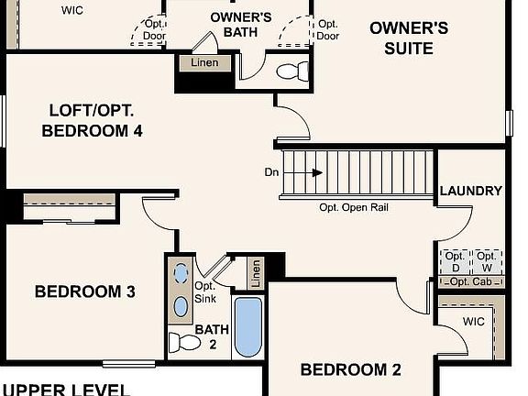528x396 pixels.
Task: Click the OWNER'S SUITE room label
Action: [x=409, y=37]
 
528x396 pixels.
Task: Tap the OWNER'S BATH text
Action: [x=240, y=25]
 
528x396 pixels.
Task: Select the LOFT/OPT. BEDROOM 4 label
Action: [x=92, y=121]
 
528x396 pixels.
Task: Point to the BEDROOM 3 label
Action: [x=85, y=291]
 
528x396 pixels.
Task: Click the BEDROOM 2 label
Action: [x=351, y=370]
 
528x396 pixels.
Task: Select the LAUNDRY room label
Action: [x=470, y=191]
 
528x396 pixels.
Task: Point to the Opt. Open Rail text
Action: [x=354, y=207]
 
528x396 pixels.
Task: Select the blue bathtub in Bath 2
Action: [x=247, y=327]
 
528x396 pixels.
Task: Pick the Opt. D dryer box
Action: [x=454, y=261]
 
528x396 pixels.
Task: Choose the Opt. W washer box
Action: [x=487, y=261]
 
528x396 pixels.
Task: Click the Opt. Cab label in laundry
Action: [x=470, y=281]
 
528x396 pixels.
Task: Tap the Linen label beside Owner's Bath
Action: [x=204, y=63]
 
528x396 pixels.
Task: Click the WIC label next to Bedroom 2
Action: [x=473, y=322]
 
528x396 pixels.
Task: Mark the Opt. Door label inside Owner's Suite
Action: [x=327, y=30]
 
